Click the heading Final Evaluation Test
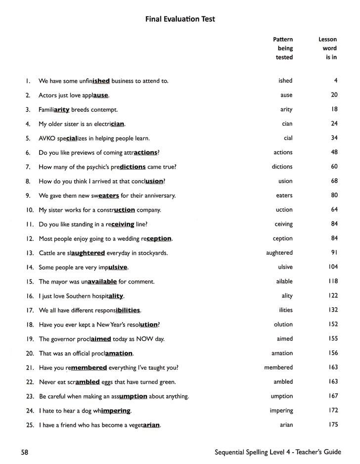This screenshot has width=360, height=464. pos(180,19)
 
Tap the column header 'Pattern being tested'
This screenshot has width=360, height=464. pos(283,48)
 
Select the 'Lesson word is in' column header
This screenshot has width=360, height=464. pos(328,48)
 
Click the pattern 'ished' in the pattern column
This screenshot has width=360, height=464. pos(285,81)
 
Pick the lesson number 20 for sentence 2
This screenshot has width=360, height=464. pos(334,95)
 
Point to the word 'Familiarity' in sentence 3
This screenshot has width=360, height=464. pos(54,109)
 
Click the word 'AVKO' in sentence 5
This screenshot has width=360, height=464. pos(47,138)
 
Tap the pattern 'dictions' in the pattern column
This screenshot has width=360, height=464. pos(282,167)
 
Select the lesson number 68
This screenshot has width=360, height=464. pos(334,181)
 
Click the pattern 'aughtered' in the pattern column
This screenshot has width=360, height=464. pos(279,253)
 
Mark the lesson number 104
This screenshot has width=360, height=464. pos(333,267)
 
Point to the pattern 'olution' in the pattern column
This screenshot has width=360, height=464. pos(283,325)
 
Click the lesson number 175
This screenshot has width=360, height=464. pos(333,425)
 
